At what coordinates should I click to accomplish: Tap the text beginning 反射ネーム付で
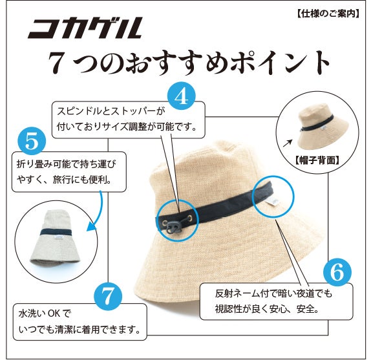click(272, 293)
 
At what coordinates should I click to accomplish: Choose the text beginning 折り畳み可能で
click(68, 164)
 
